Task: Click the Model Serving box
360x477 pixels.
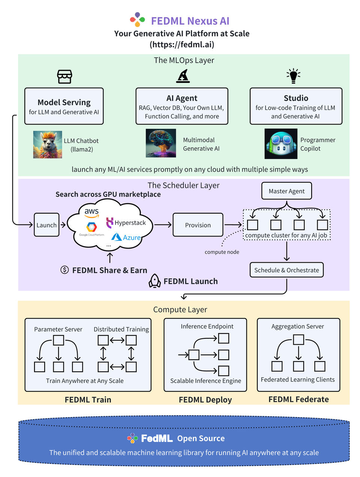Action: [x=64, y=106]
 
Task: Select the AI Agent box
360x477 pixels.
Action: [x=182, y=106]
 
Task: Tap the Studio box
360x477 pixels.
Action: [x=296, y=106]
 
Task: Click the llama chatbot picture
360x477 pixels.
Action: [x=48, y=145]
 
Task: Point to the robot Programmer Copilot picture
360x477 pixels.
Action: [x=281, y=144]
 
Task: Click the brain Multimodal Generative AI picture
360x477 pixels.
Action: [x=161, y=143]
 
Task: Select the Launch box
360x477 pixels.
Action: [x=46, y=225]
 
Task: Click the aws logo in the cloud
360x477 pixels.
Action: [x=91, y=213]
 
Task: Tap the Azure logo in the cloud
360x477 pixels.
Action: [x=126, y=237]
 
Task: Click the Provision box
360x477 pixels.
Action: [x=198, y=225]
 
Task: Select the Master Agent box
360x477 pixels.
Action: [x=286, y=191]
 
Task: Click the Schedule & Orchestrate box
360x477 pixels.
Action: [x=286, y=270]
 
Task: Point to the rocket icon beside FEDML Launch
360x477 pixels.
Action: [x=155, y=281]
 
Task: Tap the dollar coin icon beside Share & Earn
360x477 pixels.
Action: [x=64, y=270]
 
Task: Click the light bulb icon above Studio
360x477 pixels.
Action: [x=294, y=76]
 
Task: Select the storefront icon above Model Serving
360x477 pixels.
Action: [x=64, y=76]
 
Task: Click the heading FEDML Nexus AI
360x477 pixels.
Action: [x=190, y=21]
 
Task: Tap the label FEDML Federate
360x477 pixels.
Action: [x=298, y=399]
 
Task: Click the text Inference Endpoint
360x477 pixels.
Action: [x=207, y=326]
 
